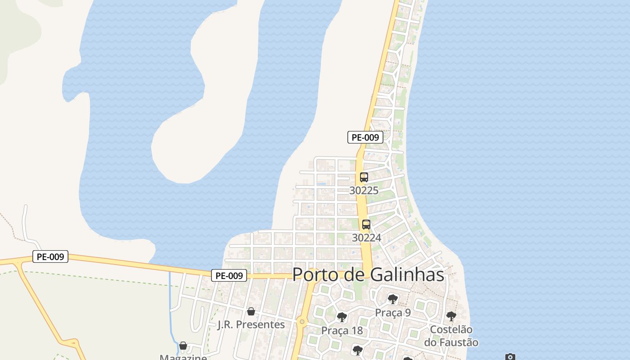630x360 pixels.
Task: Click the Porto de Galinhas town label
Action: point(368,274)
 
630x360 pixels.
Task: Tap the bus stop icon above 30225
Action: point(364,177)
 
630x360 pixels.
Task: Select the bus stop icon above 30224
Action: point(366,225)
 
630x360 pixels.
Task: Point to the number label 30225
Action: point(364,190)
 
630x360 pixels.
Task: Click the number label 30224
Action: point(366,238)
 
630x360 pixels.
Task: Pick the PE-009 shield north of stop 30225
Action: point(365,137)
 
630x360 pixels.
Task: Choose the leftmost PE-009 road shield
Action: point(50,257)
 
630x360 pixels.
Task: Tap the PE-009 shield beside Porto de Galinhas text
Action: point(229,275)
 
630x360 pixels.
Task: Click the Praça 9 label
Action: point(393,312)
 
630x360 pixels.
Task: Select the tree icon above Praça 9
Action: point(393,299)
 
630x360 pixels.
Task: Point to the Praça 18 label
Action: point(342,331)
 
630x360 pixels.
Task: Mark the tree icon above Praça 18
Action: point(342,317)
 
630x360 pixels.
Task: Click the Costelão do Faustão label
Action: point(451,336)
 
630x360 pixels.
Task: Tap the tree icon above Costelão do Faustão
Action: point(451,316)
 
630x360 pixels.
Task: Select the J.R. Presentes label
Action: point(251,324)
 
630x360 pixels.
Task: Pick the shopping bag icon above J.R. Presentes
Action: point(251,311)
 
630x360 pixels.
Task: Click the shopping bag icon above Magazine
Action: point(183,346)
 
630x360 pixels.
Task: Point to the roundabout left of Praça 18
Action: point(301,322)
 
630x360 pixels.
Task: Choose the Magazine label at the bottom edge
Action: point(183,357)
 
